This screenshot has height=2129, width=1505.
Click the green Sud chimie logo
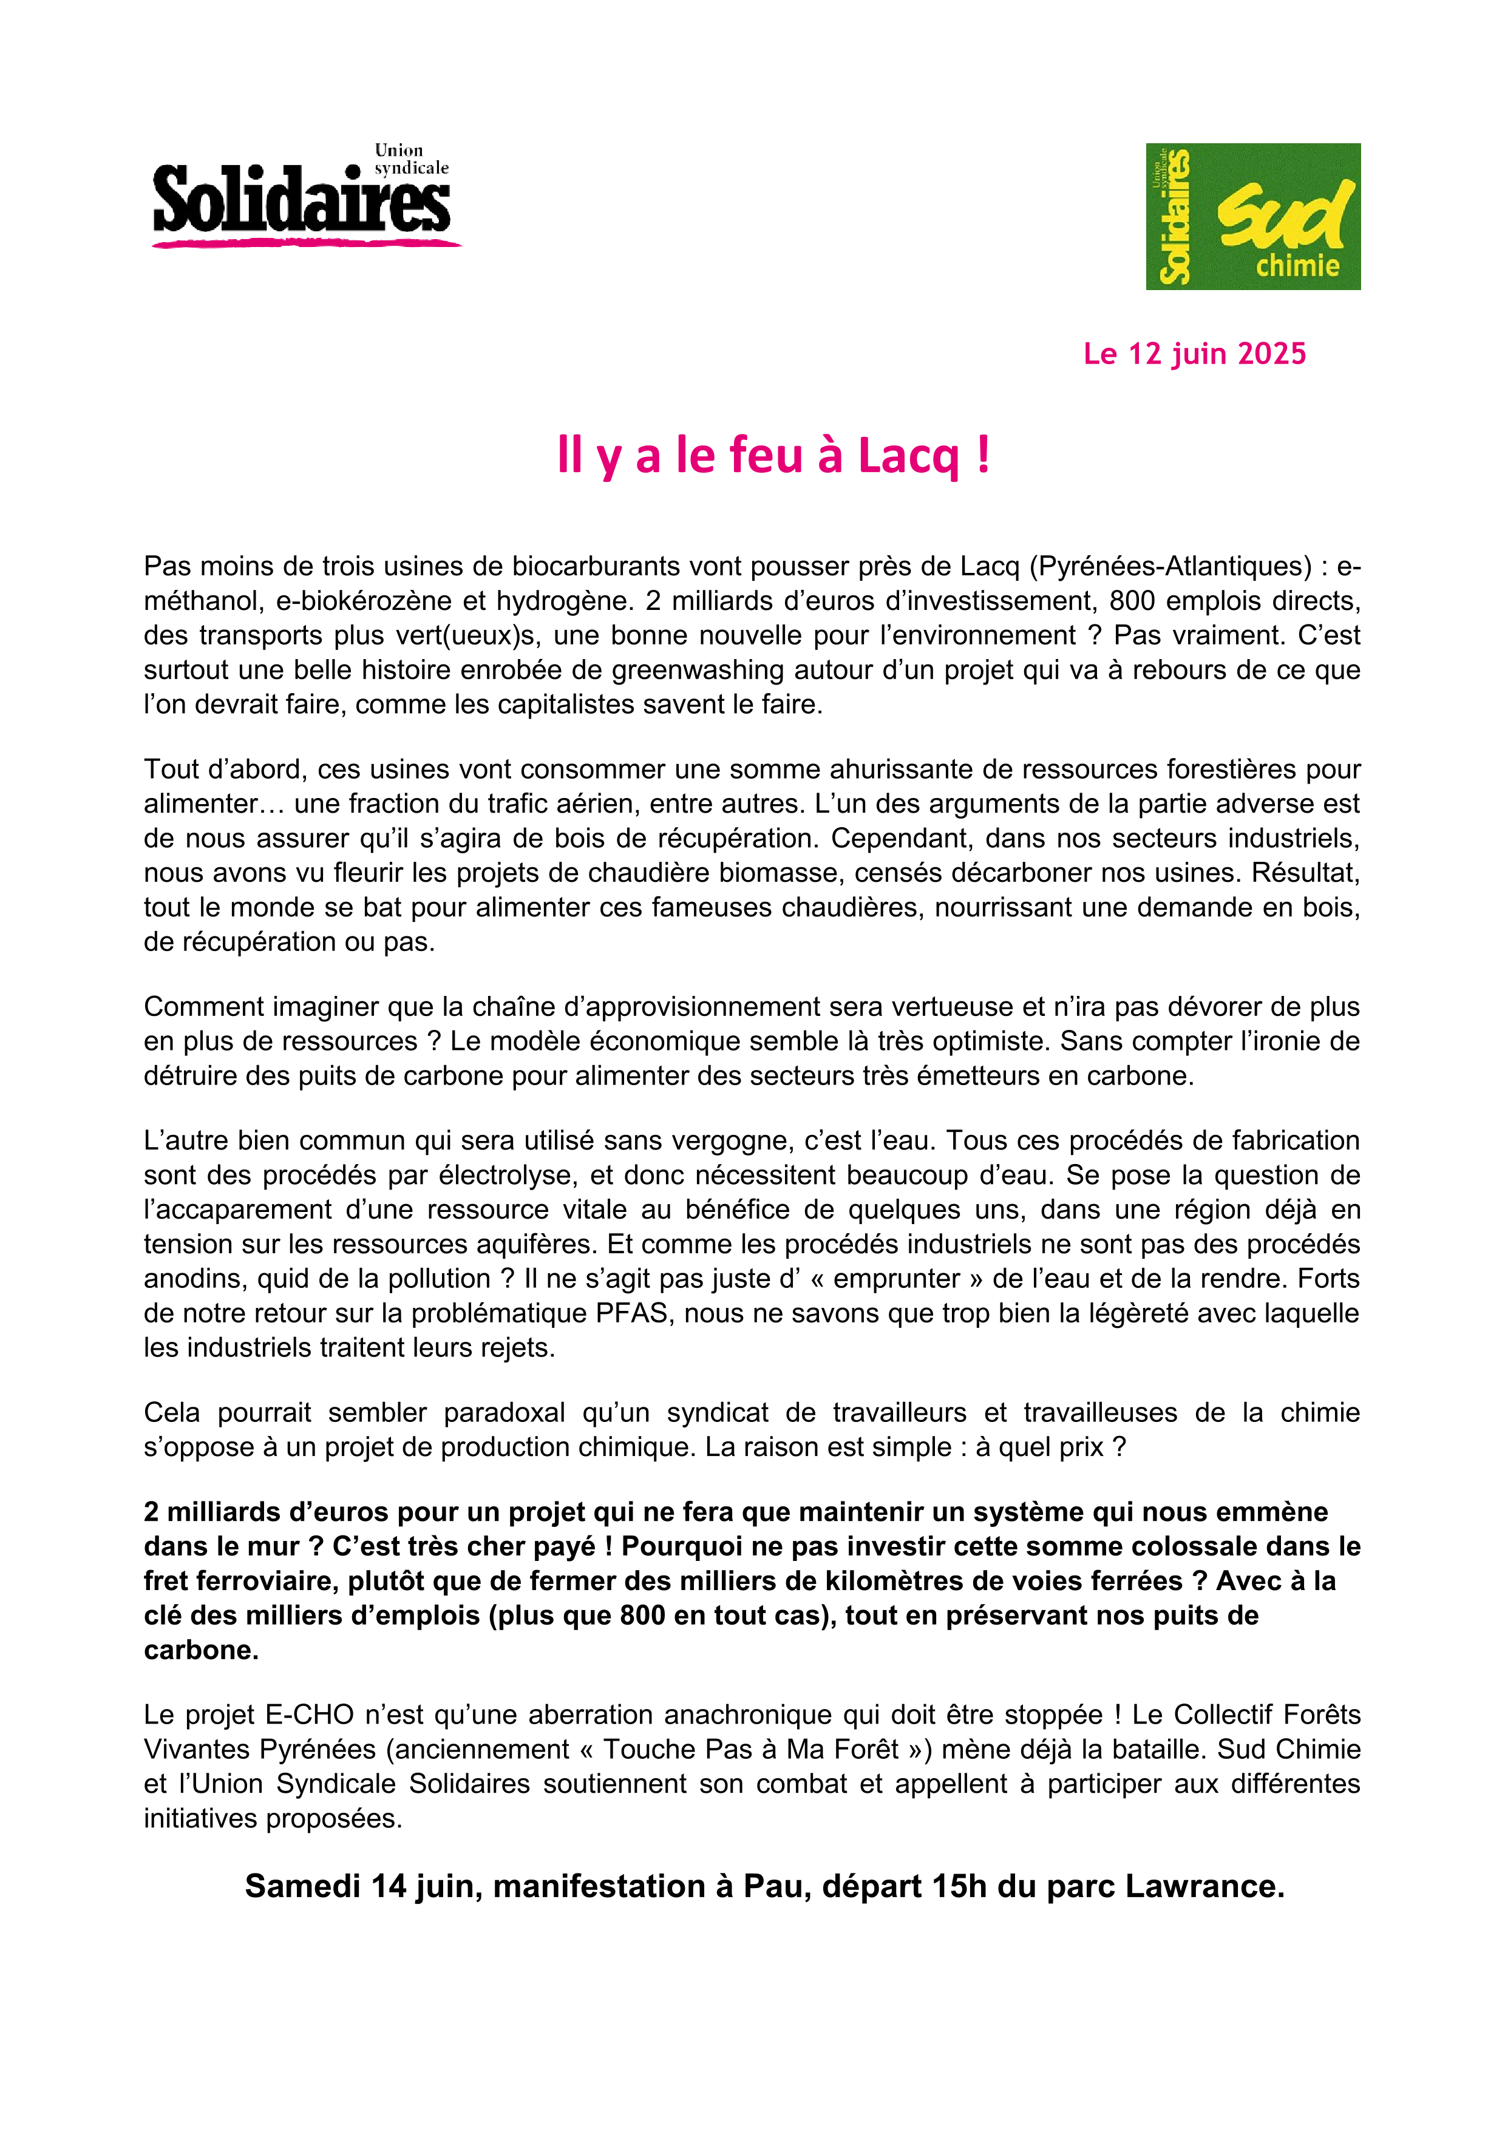click(x=1253, y=216)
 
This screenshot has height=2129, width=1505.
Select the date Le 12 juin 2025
click(x=1194, y=353)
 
